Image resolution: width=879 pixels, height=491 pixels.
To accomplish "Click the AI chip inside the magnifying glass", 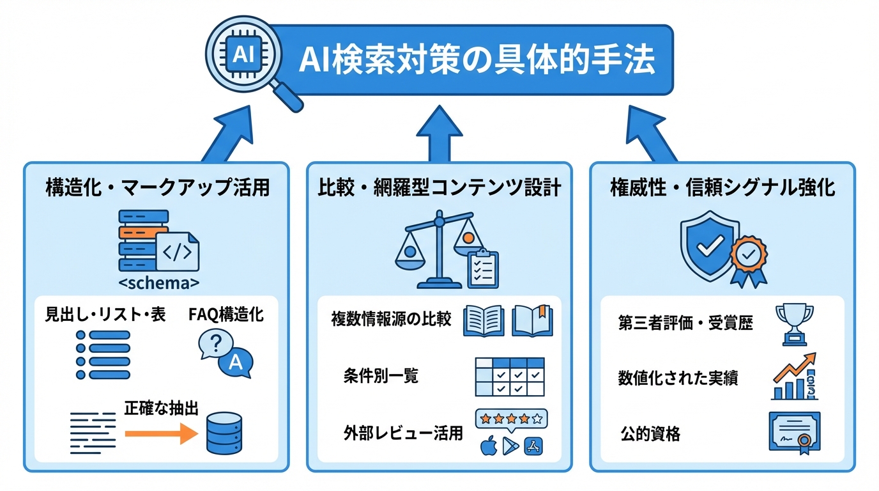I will click(x=243, y=54).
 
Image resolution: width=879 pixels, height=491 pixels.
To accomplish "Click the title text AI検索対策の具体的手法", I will click(x=477, y=62).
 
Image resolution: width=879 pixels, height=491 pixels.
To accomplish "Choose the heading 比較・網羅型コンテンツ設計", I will click(x=439, y=187).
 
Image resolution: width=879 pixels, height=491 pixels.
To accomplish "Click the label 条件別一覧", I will click(x=381, y=376).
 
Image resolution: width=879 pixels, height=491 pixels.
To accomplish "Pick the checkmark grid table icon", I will click(x=509, y=377).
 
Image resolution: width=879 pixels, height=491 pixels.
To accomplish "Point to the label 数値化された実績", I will click(x=678, y=378).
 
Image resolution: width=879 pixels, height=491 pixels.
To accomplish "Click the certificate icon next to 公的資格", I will click(x=794, y=433).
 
